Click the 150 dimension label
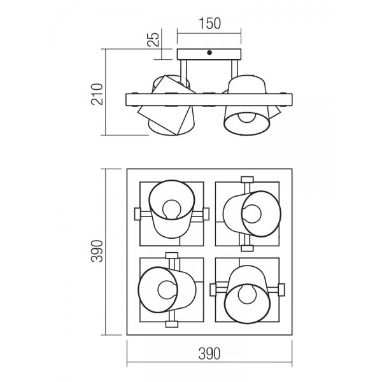tap(209, 24)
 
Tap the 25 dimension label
tap(153, 39)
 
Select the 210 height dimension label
tap(97, 94)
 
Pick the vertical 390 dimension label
tap(97, 251)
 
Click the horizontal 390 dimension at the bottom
tap(209, 354)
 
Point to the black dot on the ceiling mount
tap(209, 52)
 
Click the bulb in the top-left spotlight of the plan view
tap(172, 209)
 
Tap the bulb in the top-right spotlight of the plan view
tap(251, 214)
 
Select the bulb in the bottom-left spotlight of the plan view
tap(167, 290)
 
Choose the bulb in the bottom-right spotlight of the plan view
tap(248, 294)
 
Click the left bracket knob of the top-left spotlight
tap(138, 214)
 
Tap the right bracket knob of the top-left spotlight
tap(206, 214)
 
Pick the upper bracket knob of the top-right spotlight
tap(247, 180)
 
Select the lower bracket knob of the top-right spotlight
tap(247, 248)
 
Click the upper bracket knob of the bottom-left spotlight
tap(172, 255)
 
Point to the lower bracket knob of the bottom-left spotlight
tap(172, 324)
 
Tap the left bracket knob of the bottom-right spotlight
tap(213, 290)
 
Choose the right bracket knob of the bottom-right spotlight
tap(281, 290)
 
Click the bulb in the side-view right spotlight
tap(247, 117)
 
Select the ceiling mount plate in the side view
tap(209, 54)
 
